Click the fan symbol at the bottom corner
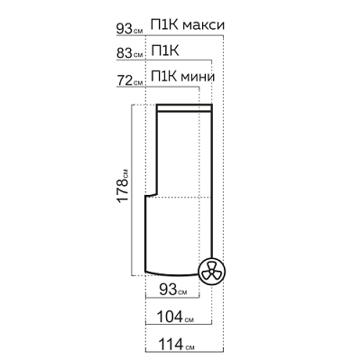[x=211, y=272]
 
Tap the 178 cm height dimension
[x=124, y=187]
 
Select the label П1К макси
[x=188, y=25]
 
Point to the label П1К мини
[x=183, y=77]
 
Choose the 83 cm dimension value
[x=130, y=53]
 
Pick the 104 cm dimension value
[x=175, y=317]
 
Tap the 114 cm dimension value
[x=176, y=344]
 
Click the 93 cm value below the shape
[x=173, y=290]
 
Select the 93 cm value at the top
[x=130, y=29]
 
